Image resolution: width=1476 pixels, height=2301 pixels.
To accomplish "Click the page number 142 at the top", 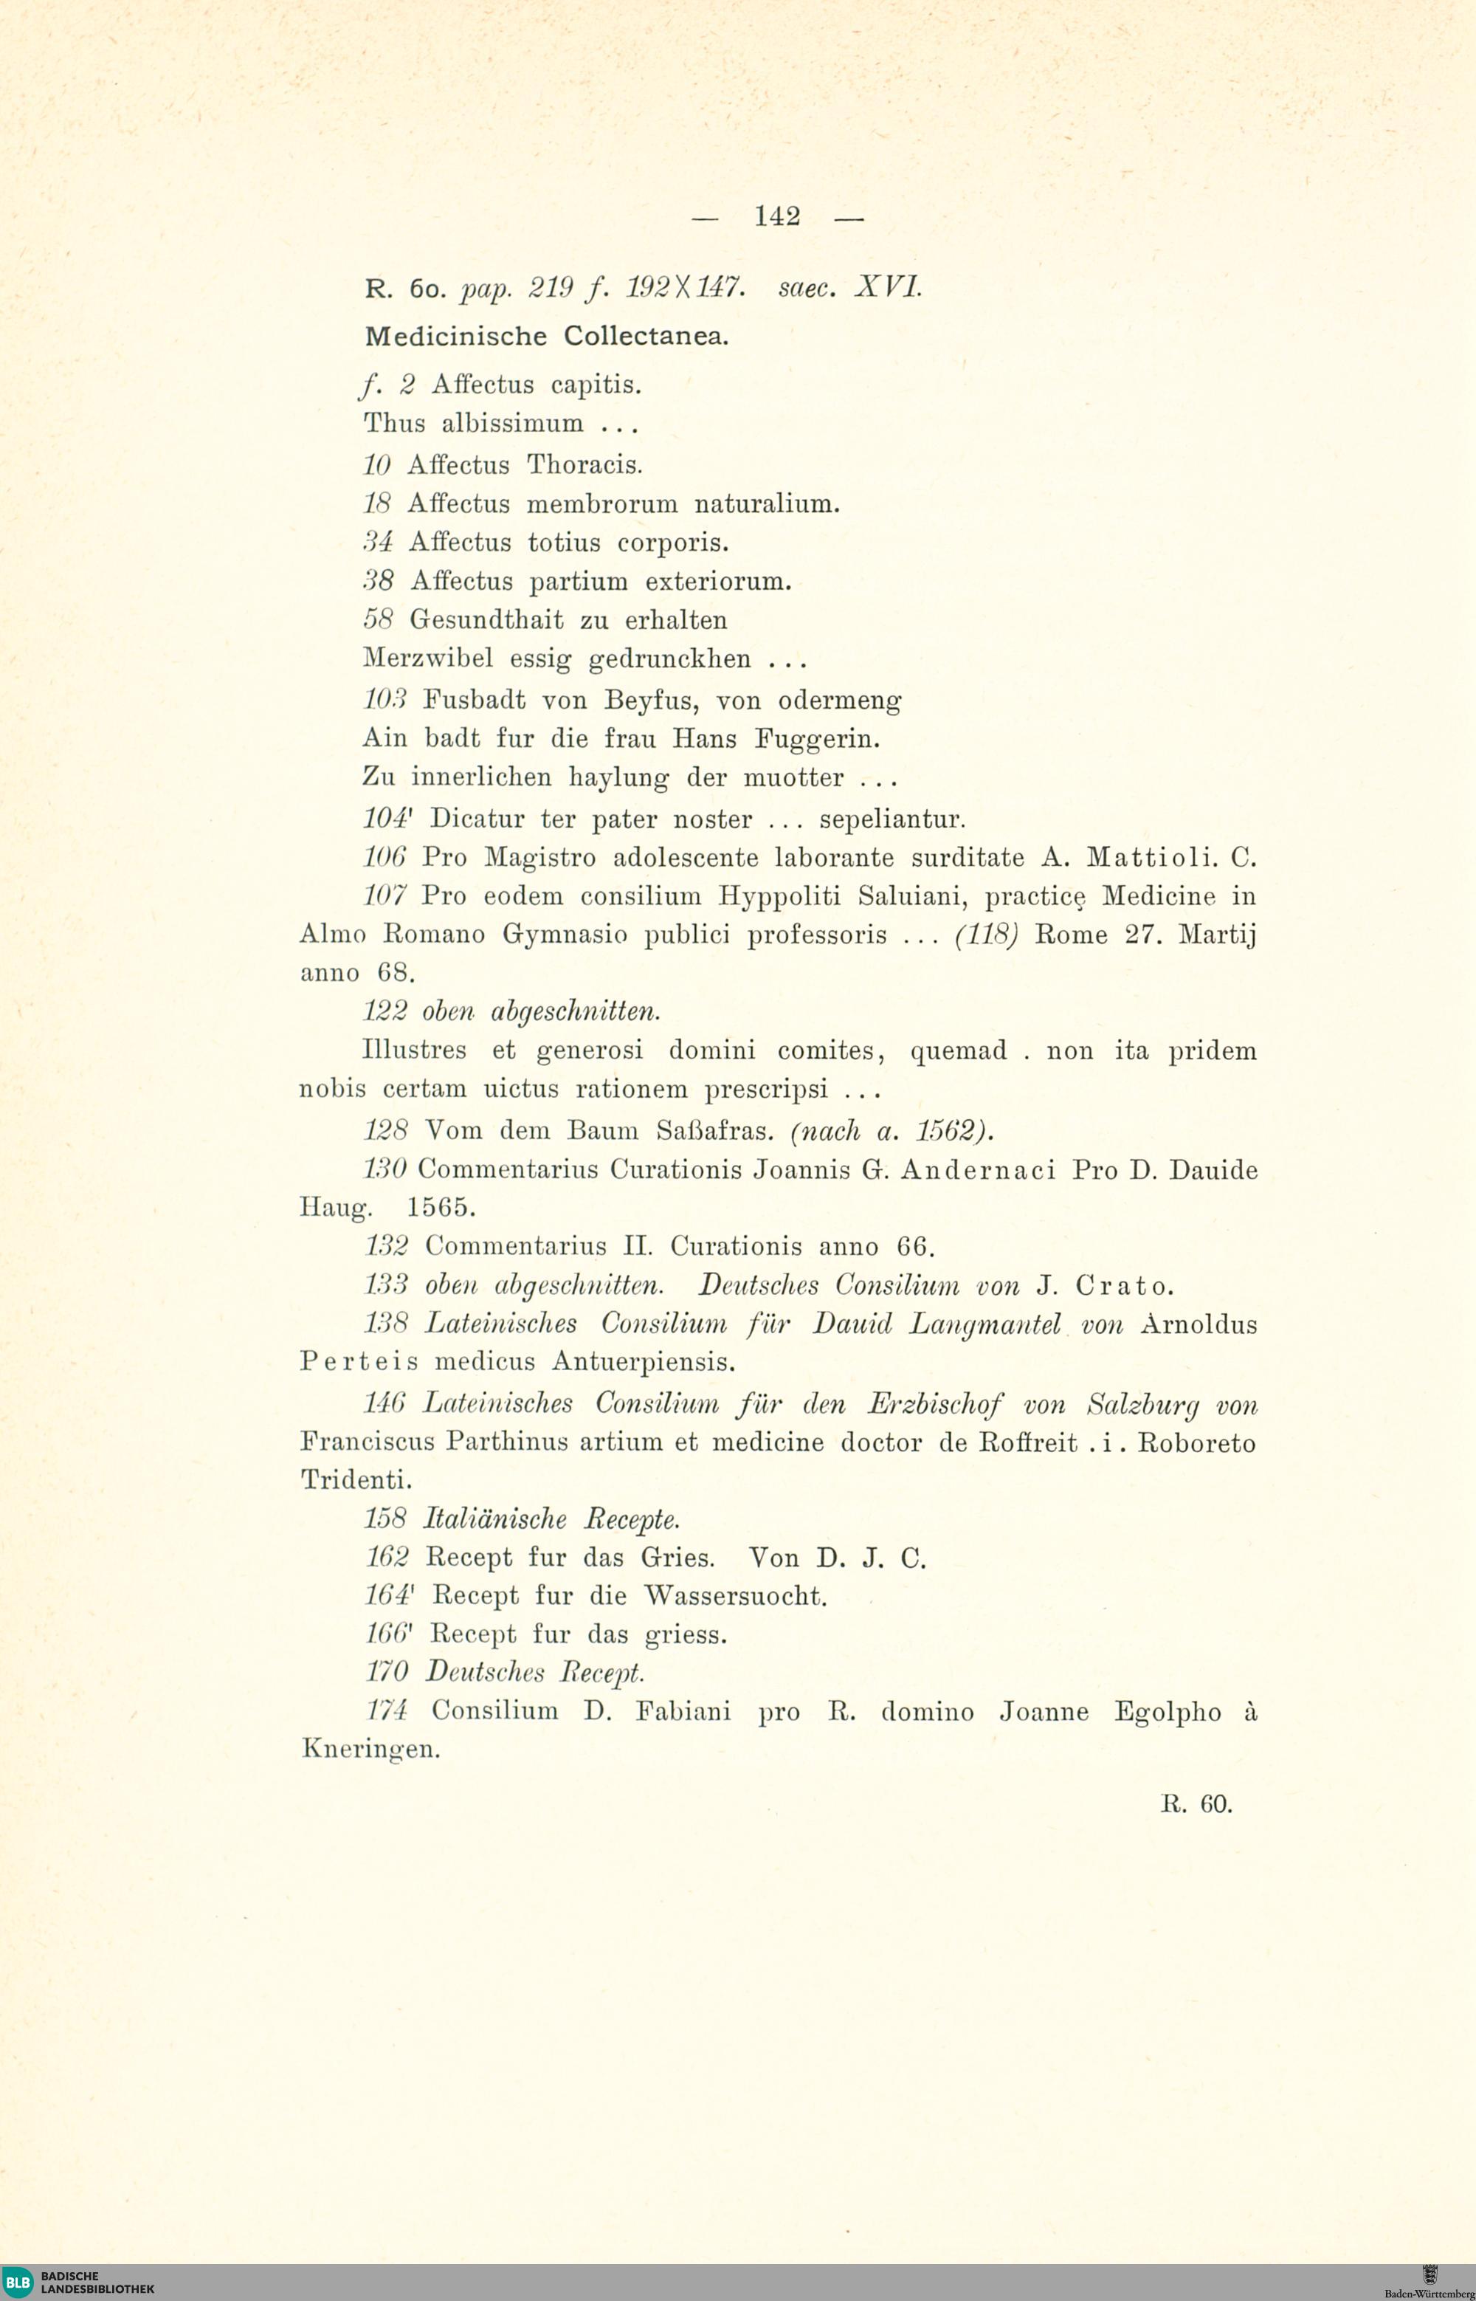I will click(776, 218).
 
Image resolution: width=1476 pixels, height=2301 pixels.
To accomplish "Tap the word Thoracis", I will click(584, 465).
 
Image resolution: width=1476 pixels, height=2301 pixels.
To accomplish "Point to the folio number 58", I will click(379, 620).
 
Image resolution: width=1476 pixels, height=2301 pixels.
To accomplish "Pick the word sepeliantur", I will click(892, 819).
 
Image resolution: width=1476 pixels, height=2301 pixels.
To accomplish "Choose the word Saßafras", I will click(715, 1132).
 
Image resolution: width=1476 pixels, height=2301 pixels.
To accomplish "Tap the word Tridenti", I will click(356, 1480).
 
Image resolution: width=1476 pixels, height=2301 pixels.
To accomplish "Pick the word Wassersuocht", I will click(734, 1596).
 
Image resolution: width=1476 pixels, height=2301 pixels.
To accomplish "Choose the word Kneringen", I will click(370, 1749).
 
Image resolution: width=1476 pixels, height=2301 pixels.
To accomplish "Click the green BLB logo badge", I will click(17, 2282).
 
